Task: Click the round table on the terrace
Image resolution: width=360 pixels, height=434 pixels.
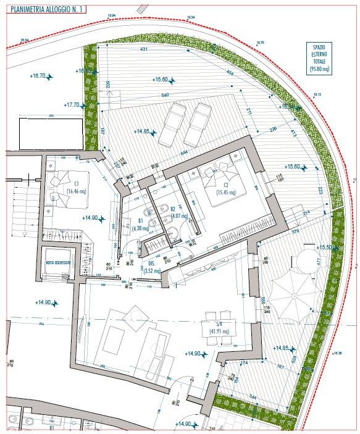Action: (x=304, y=262)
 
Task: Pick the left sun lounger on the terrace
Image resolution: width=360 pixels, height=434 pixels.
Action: (x=173, y=124)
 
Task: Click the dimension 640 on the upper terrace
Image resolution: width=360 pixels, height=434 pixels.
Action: (x=165, y=95)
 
